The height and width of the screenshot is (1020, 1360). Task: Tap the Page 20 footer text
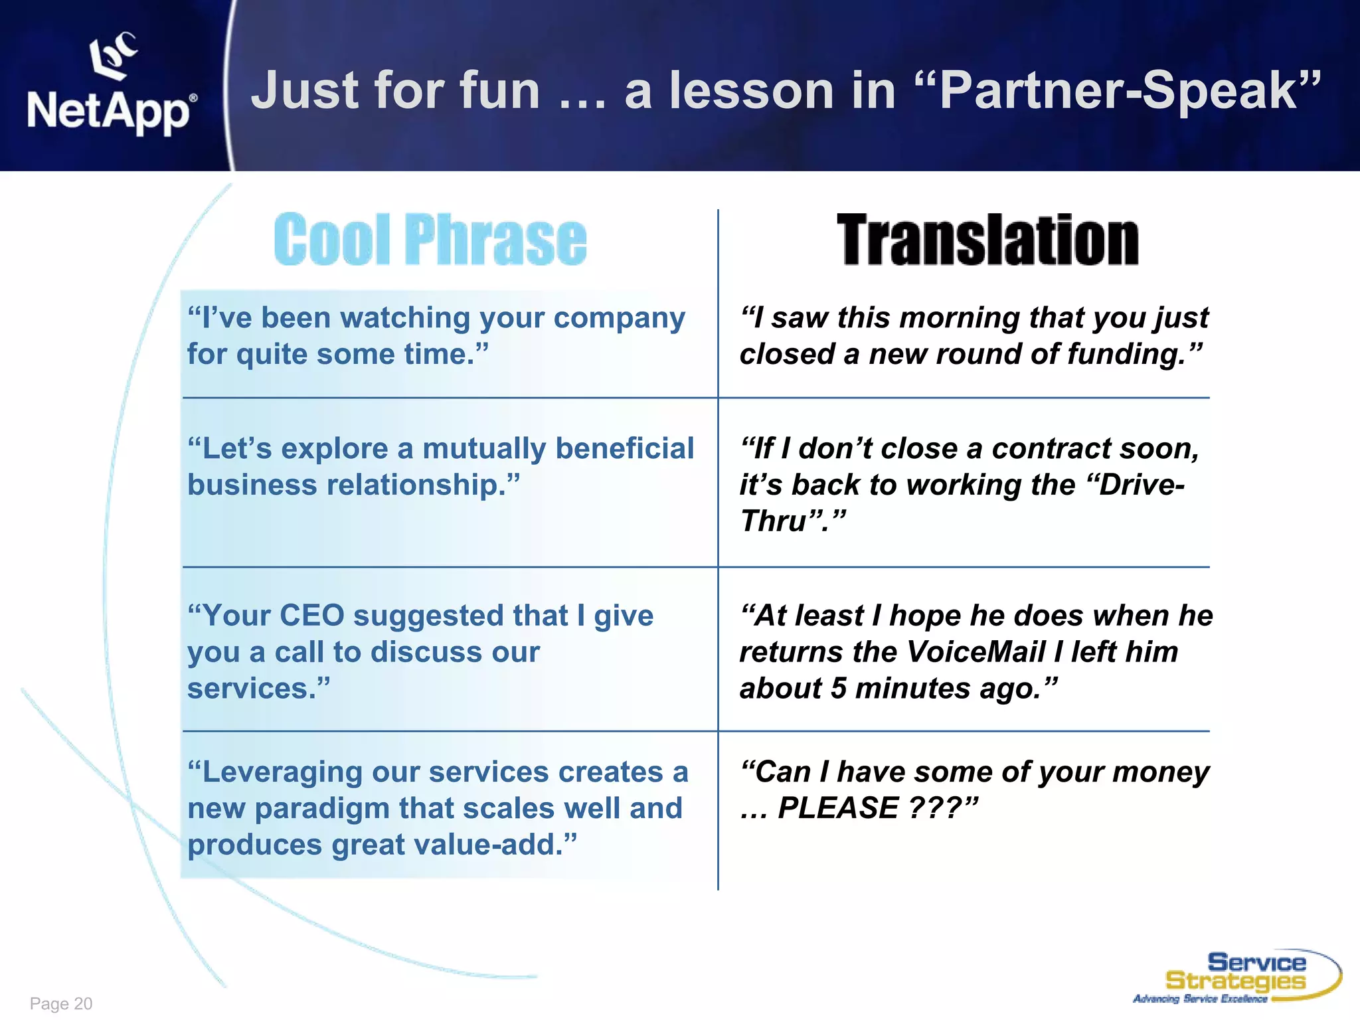pos(61,1003)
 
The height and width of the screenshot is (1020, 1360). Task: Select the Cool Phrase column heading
pos(430,240)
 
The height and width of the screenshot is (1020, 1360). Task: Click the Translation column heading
pos(987,240)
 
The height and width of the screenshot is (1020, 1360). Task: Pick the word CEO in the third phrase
pos(311,616)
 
